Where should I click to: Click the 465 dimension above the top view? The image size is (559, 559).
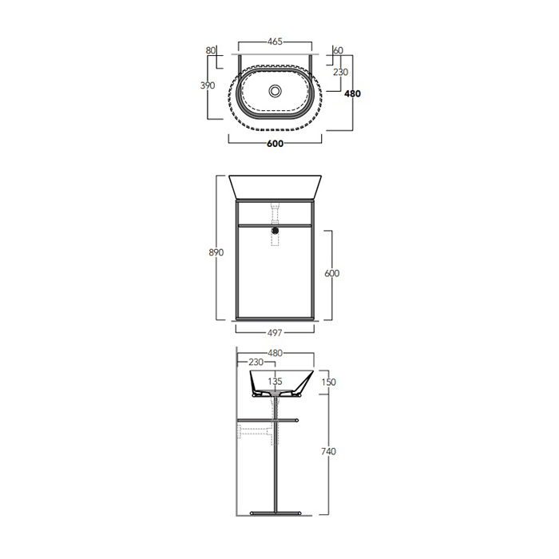point(275,42)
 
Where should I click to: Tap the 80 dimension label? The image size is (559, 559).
point(211,50)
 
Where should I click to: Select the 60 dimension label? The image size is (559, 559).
point(338,50)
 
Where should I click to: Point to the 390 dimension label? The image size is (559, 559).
point(208,85)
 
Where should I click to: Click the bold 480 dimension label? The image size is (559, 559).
point(352,93)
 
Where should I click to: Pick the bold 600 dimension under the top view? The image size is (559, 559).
point(275,144)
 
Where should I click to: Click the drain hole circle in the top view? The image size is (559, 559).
point(275,90)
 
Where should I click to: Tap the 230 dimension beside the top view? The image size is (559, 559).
point(340,72)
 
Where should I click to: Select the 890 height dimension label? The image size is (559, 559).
point(216,252)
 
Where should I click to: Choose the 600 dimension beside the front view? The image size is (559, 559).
point(332,273)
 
